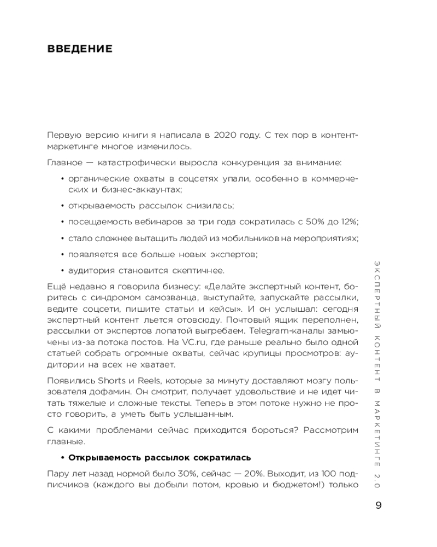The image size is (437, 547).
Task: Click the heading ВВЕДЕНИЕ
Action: coord(80,49)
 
